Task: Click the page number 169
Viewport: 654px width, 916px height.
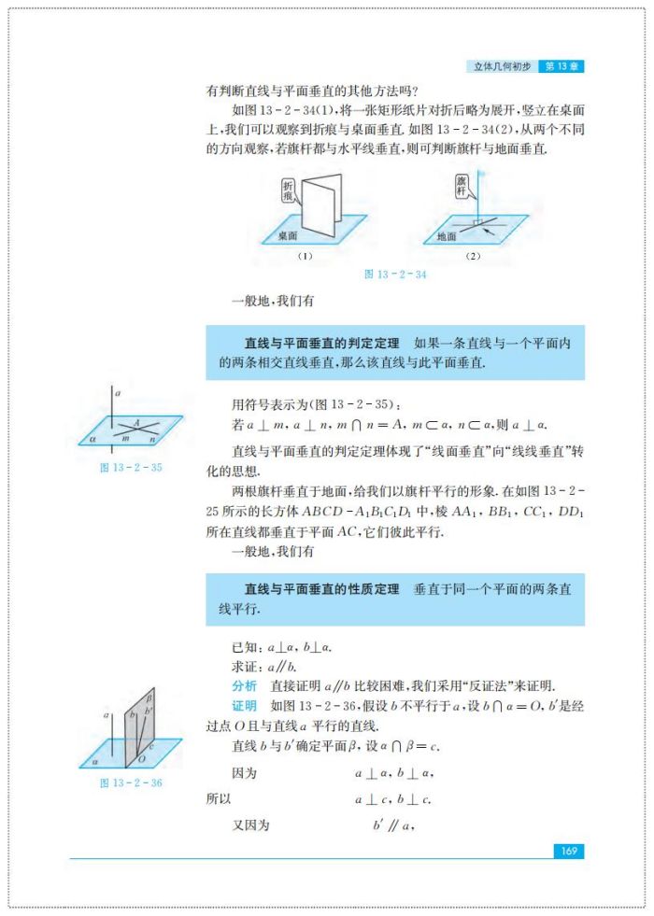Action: (x=568, y=851)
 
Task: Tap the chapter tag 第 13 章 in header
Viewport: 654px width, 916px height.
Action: (x=563, y=66)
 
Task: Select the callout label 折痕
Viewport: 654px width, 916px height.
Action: (x=288, y=191)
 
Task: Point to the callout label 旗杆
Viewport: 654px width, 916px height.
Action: (x=461, y=184)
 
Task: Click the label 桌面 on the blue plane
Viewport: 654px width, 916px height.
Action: (x=287, y=237)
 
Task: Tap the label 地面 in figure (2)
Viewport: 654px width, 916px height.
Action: (x=447, y=237)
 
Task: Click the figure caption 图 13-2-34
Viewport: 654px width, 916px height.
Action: (x=395, y=275)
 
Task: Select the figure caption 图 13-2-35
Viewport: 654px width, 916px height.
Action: (x=131, y=467)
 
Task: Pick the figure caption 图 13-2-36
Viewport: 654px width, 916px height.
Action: (x=131, y=782)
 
